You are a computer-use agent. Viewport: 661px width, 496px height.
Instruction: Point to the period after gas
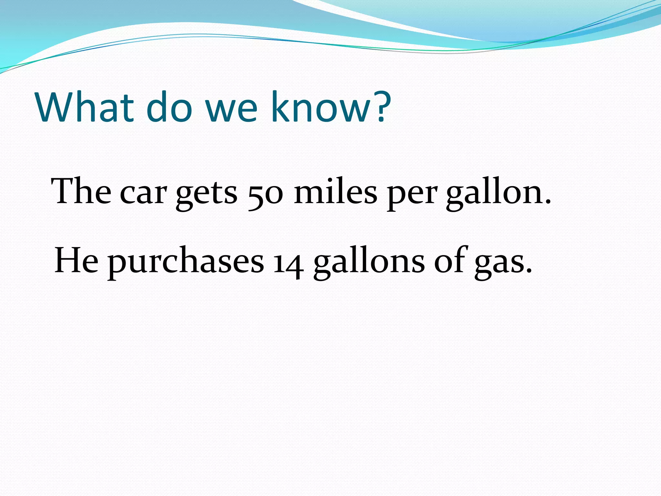[529, 271]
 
